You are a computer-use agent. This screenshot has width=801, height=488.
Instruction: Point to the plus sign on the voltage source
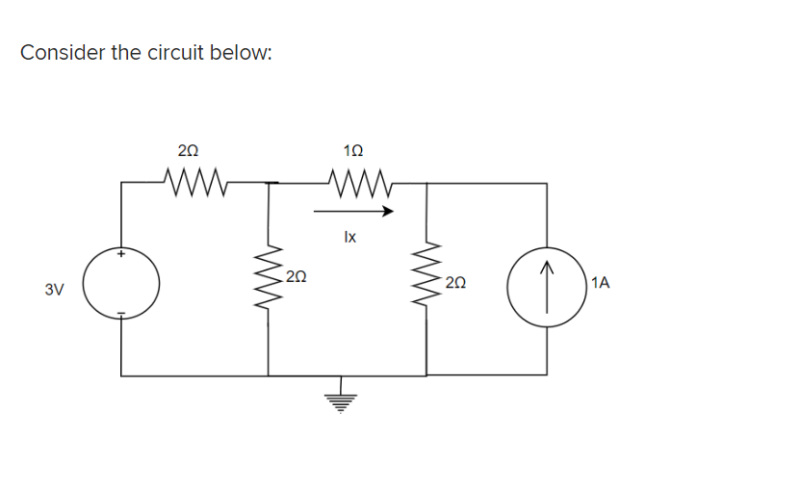(121, 255)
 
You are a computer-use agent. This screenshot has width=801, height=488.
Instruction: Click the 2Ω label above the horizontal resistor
(189, 150)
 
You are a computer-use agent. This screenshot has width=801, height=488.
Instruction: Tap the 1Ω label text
(353, 150)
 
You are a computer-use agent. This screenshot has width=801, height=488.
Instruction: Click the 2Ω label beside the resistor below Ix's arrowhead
(456, 282)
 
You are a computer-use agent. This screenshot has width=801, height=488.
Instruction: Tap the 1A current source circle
(547, 285)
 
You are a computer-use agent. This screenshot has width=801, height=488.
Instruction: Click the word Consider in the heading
(63, 52)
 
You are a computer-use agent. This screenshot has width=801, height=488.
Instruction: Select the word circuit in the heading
(178, 52)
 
